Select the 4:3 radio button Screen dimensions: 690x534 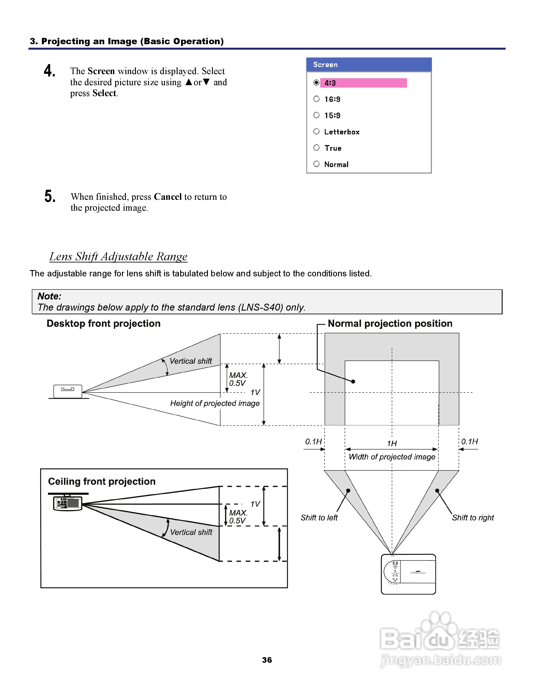tap(316, 83)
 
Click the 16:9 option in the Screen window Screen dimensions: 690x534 tap(332, 99)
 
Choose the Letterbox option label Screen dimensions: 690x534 tap(342, 132)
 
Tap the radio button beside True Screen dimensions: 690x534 tap(316, 147)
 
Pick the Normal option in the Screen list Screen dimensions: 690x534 tap(336, 164)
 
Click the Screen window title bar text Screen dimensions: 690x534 tap(325, 64)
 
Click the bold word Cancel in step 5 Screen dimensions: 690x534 tap(168, 197)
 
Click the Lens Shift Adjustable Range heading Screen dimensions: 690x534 tap(118, 256)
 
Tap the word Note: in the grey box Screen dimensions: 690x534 tap(49, 296)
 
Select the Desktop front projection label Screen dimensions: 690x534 tap(103, 323)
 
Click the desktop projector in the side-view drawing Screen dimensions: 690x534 tap(68, 391)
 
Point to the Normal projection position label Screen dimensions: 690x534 tap(390, 323)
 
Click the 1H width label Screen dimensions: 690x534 tap(392, 443)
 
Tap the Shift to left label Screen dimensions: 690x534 tap(319, 517)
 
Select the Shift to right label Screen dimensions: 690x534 tap(473, 517)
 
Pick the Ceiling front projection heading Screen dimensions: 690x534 tap(102, 482)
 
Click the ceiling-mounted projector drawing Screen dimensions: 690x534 tap(68, 503)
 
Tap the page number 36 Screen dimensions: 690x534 tap(267, 660)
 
